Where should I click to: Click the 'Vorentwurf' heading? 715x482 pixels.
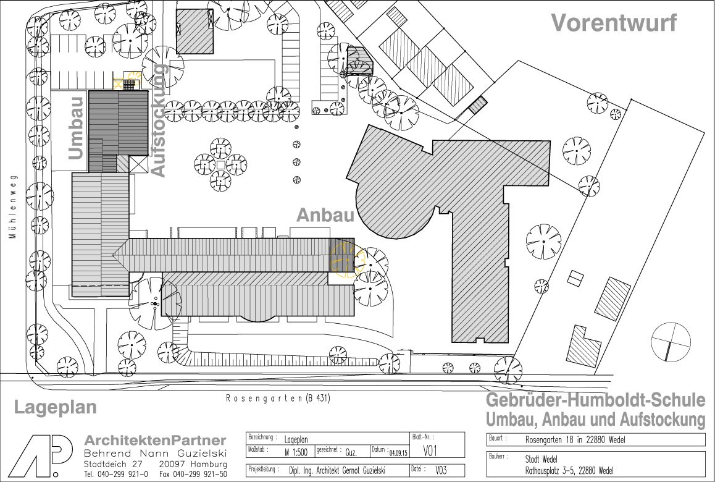pyautogui.click(x=614, y=23)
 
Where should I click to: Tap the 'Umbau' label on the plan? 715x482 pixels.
pyautogui.click(x=77, y=128)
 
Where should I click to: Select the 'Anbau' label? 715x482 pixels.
pyautogui.click(x=325, y=216)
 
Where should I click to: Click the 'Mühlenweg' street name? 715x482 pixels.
pyautogui.click(x=12, y=207)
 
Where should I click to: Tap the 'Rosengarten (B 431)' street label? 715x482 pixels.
pyautogui.click(x=278, y=399)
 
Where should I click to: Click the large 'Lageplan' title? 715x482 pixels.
pyautogui.click(x=55, y=407)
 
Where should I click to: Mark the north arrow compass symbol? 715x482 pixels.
pyautogui.click(x=671, y=342)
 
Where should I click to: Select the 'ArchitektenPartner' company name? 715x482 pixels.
pyautogui.click(x=155, y=441)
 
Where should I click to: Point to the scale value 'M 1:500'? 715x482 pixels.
pyautogui.click(x=296, y=452)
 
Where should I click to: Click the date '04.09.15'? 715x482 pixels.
pyautogui.click(x=398, y=453)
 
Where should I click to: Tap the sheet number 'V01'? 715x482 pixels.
pyautogui.click(x=430, y=452)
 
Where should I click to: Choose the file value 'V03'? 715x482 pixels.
pyautogui.click(x=441, y=470)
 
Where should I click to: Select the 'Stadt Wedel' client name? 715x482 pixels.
pyautogui.click(x=541, y=459)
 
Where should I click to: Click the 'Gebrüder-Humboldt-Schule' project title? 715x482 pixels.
pyautogui.click(x=596, y=400)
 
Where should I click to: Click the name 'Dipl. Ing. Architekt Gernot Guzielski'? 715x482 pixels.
pyautogui.click(x=337, y=470)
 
